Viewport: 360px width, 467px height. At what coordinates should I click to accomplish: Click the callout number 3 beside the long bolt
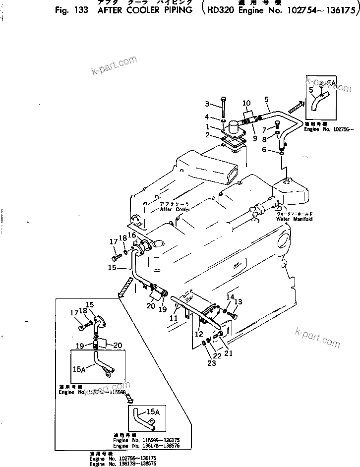coord(208,104)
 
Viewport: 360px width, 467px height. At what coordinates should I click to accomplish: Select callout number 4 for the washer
coord(208,117)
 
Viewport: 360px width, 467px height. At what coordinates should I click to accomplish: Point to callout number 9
coord(254,139)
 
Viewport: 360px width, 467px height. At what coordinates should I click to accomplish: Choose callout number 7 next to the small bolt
coord(278,130)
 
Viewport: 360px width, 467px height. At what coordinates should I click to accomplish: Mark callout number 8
coord(278,140)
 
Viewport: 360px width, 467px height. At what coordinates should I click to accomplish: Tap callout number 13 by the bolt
coord(238,302)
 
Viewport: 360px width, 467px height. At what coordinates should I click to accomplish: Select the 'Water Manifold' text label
coord(294,219)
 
